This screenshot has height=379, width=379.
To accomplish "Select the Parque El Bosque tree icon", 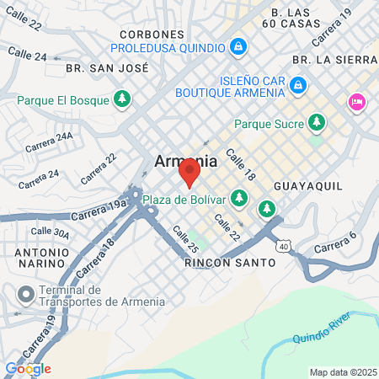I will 123,100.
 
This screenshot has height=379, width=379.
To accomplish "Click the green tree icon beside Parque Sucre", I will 317,123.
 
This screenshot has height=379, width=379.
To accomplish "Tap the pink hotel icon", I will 356,103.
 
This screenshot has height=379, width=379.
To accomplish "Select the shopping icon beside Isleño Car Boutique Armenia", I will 296,84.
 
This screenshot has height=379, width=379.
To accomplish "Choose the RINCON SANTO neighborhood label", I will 229,263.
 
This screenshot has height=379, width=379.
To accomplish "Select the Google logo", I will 27,368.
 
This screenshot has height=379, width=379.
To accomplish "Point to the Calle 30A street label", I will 50,232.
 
